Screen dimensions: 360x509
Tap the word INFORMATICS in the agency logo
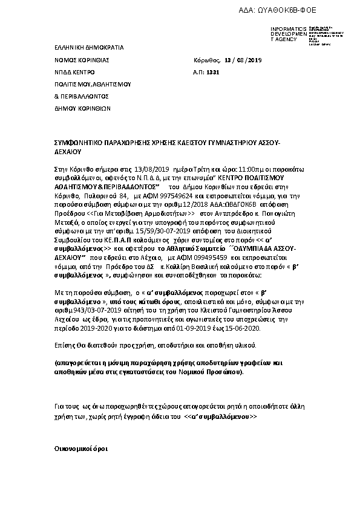284,28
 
